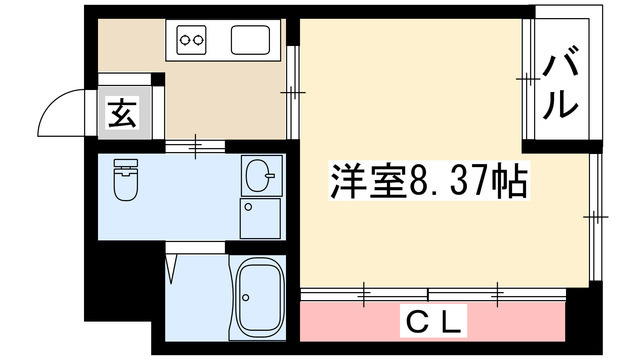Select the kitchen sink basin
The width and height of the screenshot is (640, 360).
coord(251,41)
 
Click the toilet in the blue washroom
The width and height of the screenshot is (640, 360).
coord(125,180)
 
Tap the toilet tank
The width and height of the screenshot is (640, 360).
coord(125,164)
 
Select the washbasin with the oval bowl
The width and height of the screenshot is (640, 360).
coord(259,177)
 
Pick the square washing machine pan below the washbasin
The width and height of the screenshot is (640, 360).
coord(260,217)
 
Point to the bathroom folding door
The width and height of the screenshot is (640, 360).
coord(174,266)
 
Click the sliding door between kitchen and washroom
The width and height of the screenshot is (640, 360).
coord(195,147)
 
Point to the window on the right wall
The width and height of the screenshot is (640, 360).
coord(597,215)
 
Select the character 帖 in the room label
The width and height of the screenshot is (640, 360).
coord(509,183)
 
